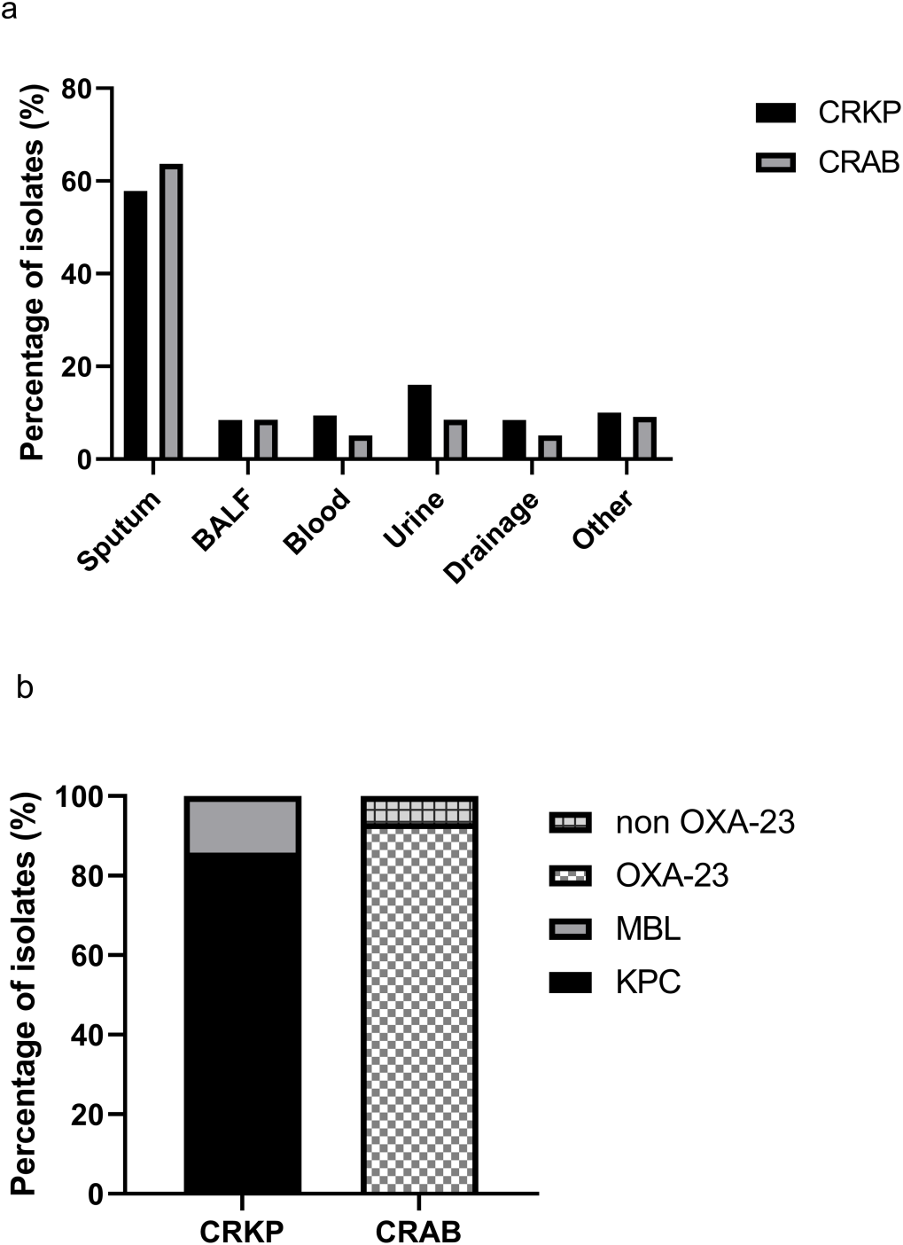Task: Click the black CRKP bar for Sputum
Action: point(136,325)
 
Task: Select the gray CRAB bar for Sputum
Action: point(171,311)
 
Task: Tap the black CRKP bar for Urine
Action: point(419,421)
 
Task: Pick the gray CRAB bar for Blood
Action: point(360,447)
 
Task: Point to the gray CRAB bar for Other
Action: point(644,438)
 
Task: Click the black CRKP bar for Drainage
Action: point(514,439)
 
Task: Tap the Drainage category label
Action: point(492,537)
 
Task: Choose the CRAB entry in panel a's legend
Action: point(859,162)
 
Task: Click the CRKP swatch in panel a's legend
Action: point(776,113)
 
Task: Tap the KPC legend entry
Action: point(648,983)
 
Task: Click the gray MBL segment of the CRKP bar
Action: point(242,826)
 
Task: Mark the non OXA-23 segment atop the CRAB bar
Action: point(419,810)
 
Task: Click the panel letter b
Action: point(25,687)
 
